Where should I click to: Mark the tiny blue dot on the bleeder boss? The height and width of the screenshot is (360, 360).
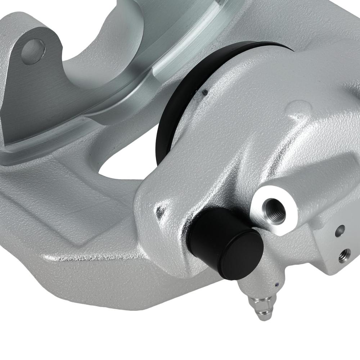(276, 285)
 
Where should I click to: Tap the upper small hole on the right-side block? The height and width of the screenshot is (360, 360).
(340, 231)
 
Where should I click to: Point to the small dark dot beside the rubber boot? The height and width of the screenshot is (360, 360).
(205, 92)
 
